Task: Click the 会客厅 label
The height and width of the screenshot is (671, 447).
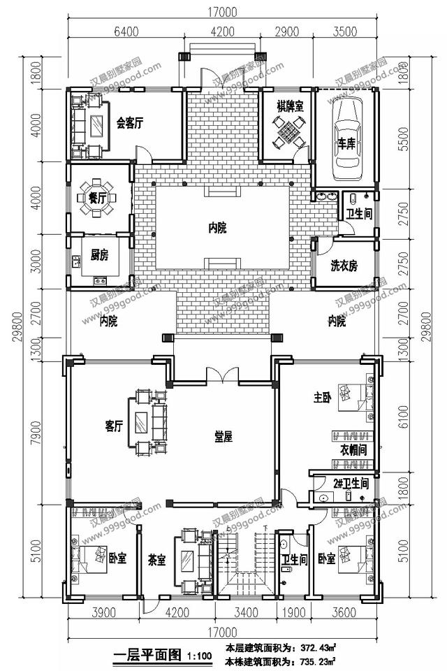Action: point(129,123)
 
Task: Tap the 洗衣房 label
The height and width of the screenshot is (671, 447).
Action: point(344,266)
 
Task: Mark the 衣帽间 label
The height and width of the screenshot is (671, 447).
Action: point(353,449)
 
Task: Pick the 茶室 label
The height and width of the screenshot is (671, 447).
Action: point(156,559)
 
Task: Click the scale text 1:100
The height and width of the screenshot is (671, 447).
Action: point(199,656)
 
